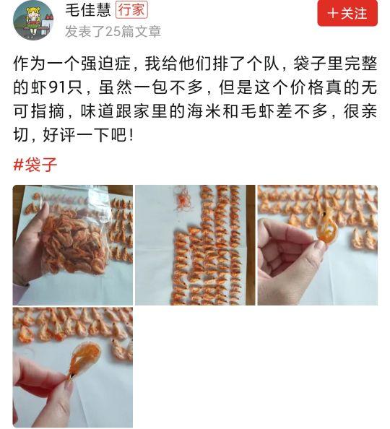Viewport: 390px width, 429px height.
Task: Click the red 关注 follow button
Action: (x=347, y=13)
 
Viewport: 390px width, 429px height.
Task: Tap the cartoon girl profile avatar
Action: (x=33, y=20)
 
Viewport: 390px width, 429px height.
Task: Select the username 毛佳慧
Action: (x=88, y=10)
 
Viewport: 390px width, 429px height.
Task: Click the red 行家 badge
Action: (x=131, y=10)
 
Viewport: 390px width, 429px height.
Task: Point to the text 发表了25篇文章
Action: (x=113, y=32)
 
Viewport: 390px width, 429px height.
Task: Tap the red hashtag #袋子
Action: (x=35, y=165)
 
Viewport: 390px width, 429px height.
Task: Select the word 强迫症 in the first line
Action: (x=105, y=64)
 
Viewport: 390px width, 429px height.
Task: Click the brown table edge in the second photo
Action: (x=250, y=245)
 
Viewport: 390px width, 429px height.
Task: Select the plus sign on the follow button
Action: (x=332, y=13)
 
